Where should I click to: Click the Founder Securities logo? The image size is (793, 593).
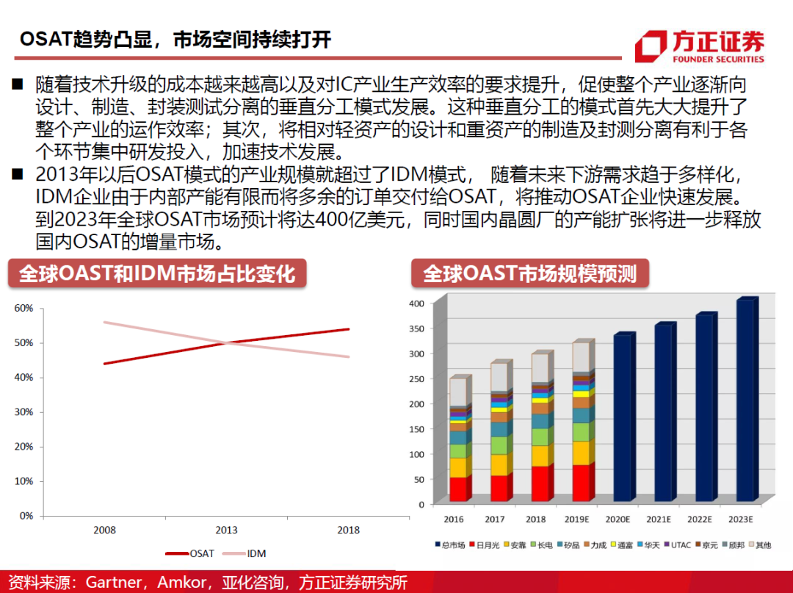(x=699, y=46)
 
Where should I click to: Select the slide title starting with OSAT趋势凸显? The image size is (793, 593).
(x=175, y=39)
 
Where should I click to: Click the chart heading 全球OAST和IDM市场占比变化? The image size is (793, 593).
(x=157, y=273)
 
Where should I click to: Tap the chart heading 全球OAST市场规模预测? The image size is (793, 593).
(x=529, y=273)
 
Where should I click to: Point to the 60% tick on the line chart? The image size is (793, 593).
(x=24, y=308)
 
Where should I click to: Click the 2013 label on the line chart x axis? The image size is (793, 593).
(x=225, y=530)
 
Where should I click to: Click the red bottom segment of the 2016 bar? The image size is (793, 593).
(x=458, y=489)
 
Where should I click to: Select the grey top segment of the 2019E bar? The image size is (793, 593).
(x=581, y=358)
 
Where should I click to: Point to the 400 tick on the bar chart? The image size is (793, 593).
(x=416, y=303)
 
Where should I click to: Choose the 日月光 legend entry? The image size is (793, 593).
(x=486, y=545)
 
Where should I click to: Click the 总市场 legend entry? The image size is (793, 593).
(x=449, y=545)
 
